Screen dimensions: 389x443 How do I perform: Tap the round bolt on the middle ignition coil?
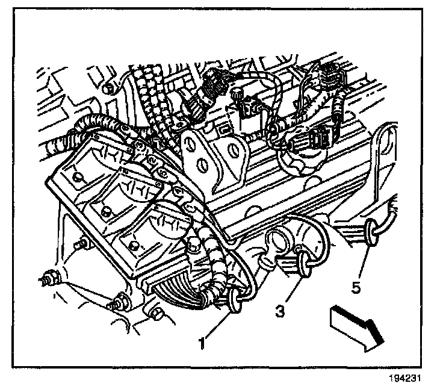click(x=107, y=211)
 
